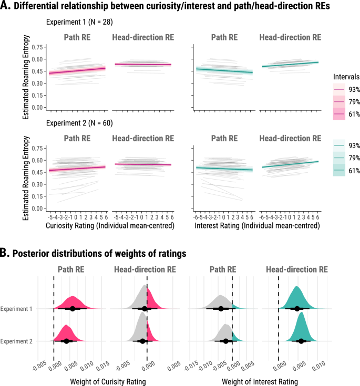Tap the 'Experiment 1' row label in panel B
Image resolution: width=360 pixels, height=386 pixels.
17,309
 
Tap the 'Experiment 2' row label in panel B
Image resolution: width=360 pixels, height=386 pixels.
17,341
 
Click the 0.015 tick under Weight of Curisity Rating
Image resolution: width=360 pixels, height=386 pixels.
100,364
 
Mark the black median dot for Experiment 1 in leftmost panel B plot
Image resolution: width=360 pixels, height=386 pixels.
73,309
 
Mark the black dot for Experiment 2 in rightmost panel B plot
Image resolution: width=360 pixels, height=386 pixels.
301,341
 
